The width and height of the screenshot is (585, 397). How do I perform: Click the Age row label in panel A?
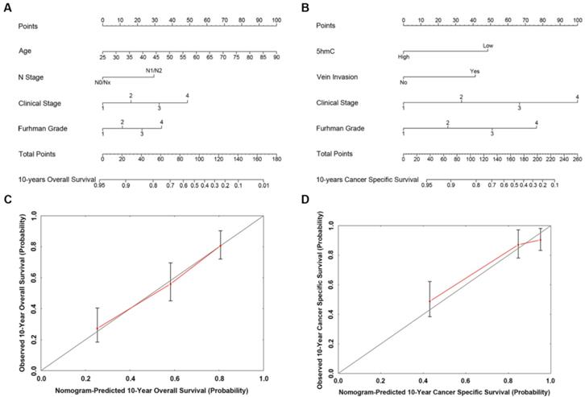27,50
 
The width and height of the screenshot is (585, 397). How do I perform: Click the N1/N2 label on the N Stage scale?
154,70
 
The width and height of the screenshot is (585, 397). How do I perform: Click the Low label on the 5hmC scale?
488,46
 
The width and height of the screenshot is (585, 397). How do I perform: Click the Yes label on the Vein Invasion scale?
475,71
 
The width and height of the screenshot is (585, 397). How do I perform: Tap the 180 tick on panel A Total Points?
276,161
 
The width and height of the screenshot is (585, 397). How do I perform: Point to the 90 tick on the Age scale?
276,58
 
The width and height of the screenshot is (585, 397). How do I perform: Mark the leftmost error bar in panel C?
97,325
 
